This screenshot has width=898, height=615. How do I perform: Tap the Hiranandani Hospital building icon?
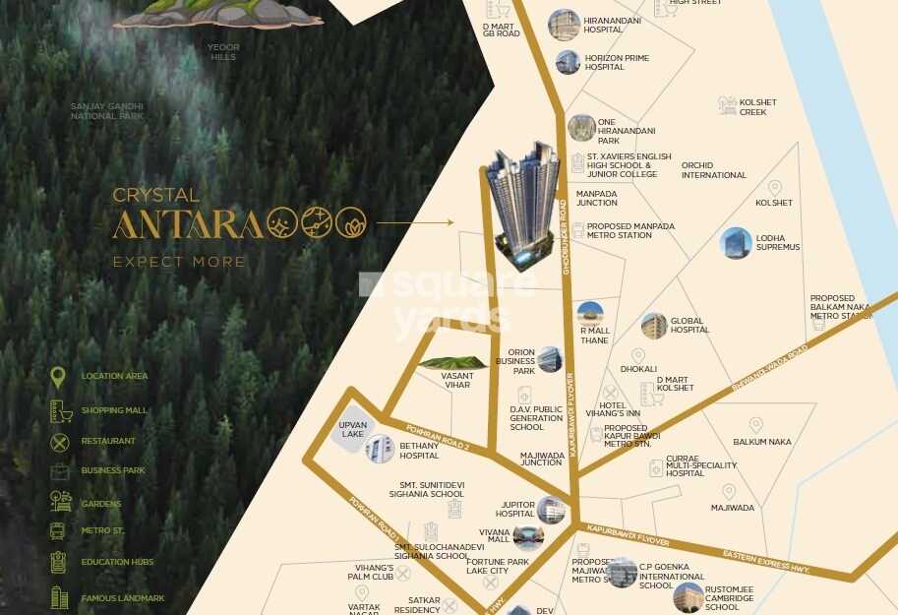[564, 25]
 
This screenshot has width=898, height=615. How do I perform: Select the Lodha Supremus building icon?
[736, 243]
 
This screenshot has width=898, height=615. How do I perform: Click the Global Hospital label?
[689, 325]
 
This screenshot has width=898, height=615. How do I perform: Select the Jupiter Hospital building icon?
[551, 510]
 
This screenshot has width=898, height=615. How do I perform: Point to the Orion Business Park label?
[516, 361]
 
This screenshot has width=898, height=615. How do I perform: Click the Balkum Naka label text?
[762, 442]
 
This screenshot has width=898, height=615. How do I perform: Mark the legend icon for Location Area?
[59, 377]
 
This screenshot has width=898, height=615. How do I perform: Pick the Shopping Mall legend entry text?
[114, 410]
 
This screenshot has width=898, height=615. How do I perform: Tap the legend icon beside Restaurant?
[60, 442]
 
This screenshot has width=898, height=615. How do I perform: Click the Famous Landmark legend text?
[123, 597]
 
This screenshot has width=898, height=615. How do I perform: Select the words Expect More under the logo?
[179, 262]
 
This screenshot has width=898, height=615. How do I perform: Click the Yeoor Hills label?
[223, 52]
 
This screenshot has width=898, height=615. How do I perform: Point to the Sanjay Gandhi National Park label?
[107, 110]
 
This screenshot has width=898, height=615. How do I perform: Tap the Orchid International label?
[714, 170]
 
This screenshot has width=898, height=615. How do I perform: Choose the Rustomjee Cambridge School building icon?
[688, 596]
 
